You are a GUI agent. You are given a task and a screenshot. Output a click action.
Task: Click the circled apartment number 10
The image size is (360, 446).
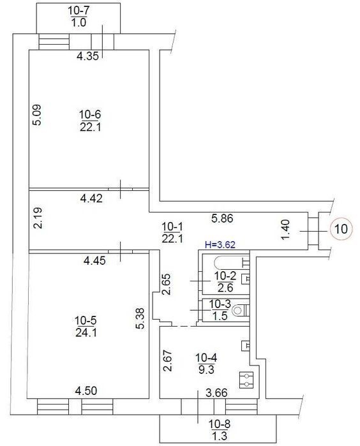[341, 228]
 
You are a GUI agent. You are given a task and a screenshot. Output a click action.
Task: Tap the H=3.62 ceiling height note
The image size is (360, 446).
[220, 244]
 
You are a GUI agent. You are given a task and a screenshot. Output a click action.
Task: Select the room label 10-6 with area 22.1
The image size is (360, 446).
[90, 121]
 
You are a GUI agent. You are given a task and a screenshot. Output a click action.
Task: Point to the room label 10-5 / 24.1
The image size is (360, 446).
[86, 326]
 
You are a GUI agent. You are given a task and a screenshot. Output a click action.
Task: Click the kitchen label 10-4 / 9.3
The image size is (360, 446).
[206, 363]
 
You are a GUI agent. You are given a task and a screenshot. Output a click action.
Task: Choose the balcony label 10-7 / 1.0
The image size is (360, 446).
[79, 17]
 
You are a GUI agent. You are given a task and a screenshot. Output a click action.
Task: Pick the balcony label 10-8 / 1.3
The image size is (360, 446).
[220, 429]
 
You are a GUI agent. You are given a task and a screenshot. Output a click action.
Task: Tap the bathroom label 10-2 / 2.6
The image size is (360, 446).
[225, 281]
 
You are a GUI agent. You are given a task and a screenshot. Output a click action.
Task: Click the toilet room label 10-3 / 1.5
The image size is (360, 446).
[220, 309]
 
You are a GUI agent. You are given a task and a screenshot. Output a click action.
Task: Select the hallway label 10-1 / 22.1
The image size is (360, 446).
[172, 233]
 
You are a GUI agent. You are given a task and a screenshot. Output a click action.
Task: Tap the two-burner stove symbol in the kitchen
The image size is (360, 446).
[246, 380]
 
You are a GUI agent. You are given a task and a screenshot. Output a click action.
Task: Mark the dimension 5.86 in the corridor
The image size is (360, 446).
[222, 218]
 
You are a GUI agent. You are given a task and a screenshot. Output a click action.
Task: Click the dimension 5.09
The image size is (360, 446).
[37, 115]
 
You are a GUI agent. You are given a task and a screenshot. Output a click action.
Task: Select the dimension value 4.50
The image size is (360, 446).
[86, 391]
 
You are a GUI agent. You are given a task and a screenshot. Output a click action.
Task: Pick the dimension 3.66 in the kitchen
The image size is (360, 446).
[216, 393]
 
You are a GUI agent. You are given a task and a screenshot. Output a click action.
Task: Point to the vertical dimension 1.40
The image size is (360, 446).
[285, 230]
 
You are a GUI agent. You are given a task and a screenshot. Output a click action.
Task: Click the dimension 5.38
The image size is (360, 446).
[140, 318]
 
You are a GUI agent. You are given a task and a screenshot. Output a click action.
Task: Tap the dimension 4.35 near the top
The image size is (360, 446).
[87, 56]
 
